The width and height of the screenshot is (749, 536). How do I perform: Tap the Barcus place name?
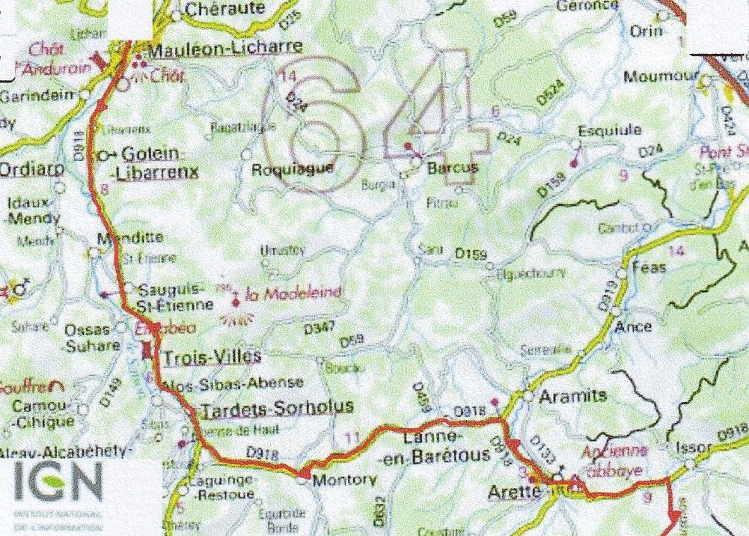[x=452, y=168]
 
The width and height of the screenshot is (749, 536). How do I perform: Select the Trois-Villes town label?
[x=212, y=356]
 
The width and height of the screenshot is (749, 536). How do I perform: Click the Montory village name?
[x=343, y=480]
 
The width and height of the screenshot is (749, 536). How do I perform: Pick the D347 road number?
[x=318, y=328]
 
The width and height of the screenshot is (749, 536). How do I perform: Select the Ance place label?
[x=633, y=326]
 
